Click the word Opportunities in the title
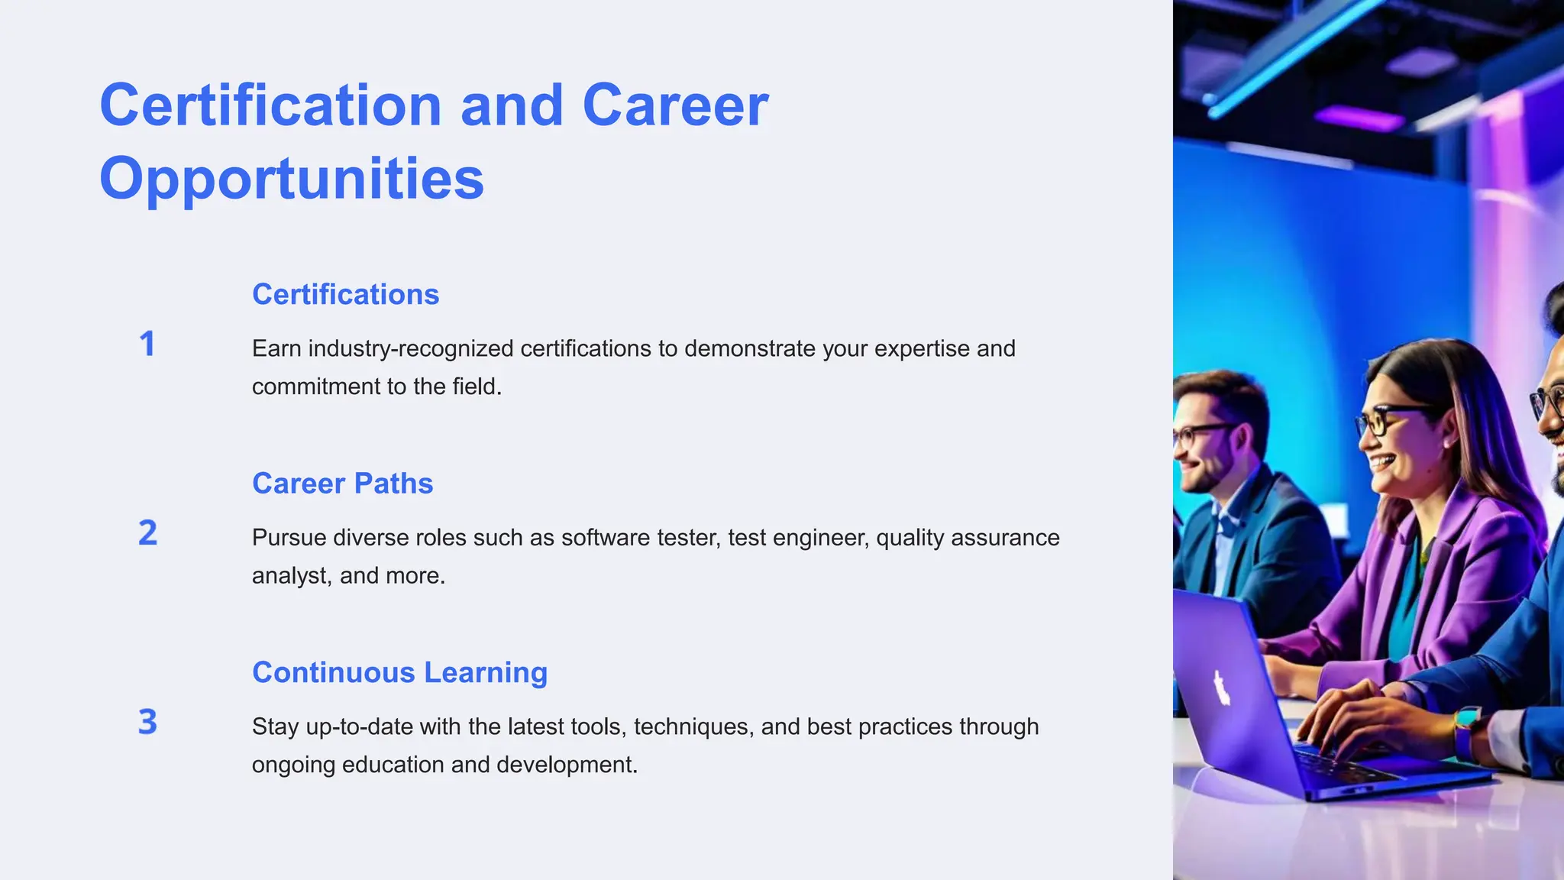(x=292, y=179)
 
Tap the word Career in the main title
(x=675, y=105)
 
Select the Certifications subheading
(x=345, y=295)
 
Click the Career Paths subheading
(x=342, y=484)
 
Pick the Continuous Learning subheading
(x=399, y=673)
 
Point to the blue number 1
(x=147, y=344)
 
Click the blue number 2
(x=147, y=533)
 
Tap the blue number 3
(x=147, y=722)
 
